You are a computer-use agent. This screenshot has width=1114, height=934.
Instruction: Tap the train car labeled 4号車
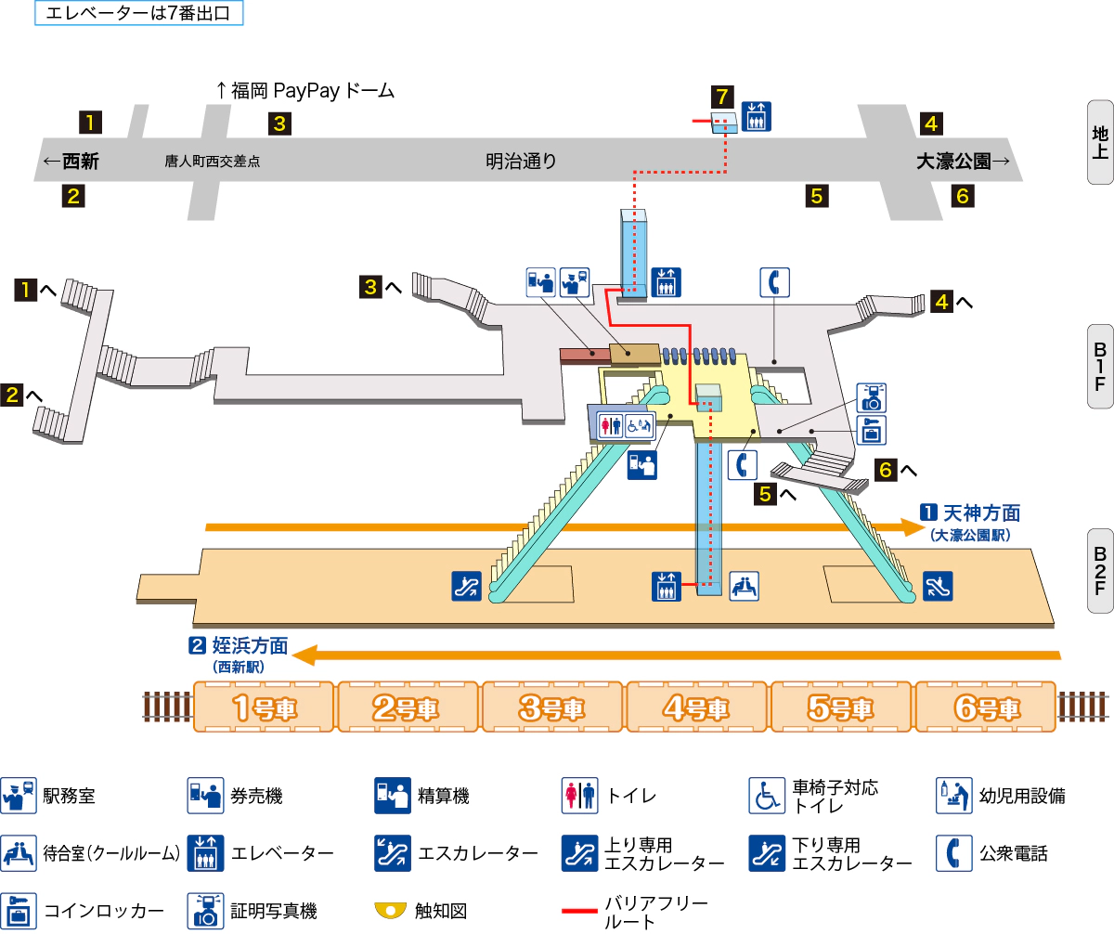coord(698,707)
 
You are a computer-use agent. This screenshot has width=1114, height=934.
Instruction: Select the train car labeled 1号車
coord(264,707)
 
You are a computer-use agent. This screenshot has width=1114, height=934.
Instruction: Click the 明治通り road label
coord(521,162)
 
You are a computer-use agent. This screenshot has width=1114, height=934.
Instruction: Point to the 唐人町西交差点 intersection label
coord(213,162)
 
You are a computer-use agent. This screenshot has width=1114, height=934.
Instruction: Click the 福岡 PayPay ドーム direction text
coord(305,91)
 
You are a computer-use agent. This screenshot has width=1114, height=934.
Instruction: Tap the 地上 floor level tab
coord(1100,141)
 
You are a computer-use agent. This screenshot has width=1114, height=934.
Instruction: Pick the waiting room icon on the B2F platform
coord(744,585)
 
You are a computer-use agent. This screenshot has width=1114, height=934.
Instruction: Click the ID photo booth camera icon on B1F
coord(873,397)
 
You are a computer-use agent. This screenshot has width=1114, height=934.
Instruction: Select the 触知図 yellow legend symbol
coord(391,910)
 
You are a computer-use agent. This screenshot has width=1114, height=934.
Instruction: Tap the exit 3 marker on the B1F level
coord(371,288)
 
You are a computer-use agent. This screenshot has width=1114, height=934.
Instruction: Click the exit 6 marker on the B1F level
coord(886,471)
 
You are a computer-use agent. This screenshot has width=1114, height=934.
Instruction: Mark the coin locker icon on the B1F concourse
coord(873,430)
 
